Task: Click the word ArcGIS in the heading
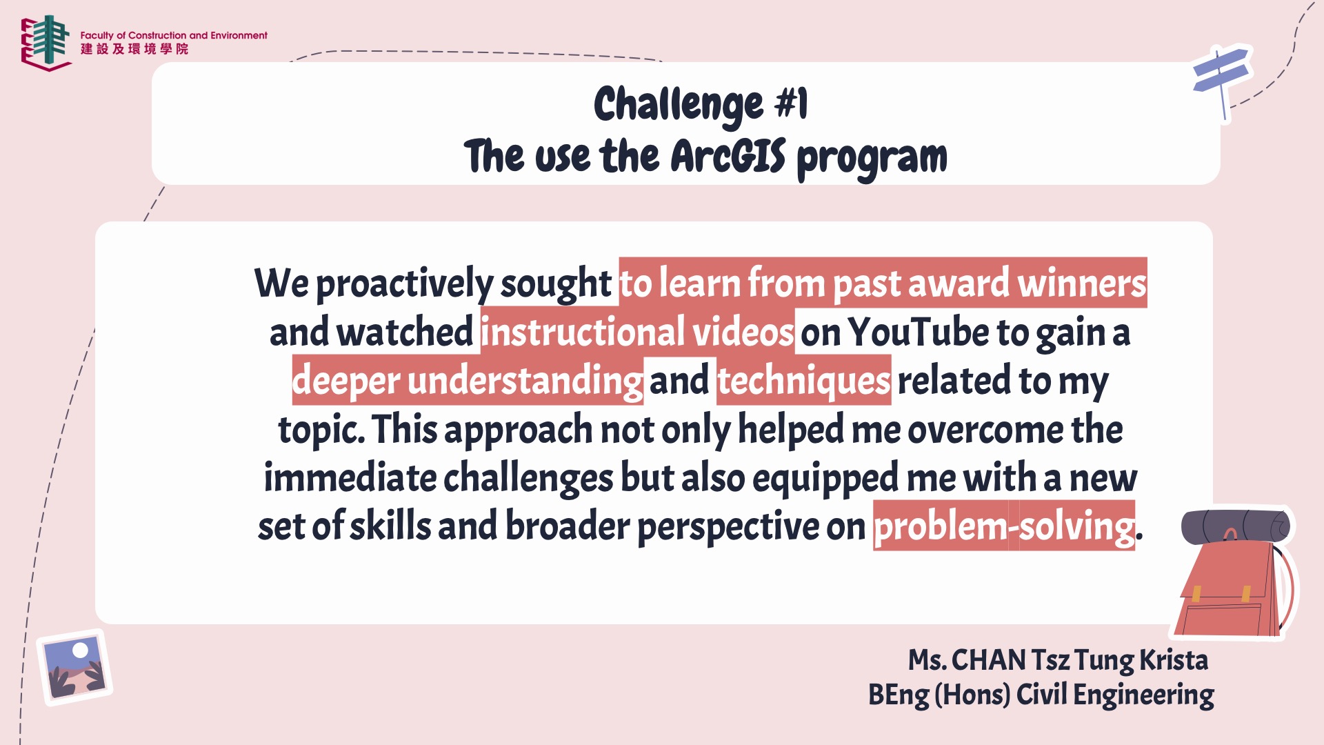point(728,156)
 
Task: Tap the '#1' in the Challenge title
point(792,104)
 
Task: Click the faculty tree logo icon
point(46,43)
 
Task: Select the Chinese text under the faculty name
point(134,49)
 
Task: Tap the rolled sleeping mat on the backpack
point(1235,527)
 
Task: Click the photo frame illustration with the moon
point(74,667)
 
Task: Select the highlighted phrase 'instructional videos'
point(638,332)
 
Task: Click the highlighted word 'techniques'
point(804,380)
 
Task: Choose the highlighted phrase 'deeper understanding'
point(468,380)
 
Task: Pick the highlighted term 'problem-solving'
point(1004,526)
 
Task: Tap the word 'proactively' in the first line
point(404,284)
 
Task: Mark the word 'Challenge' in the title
point(679,105)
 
